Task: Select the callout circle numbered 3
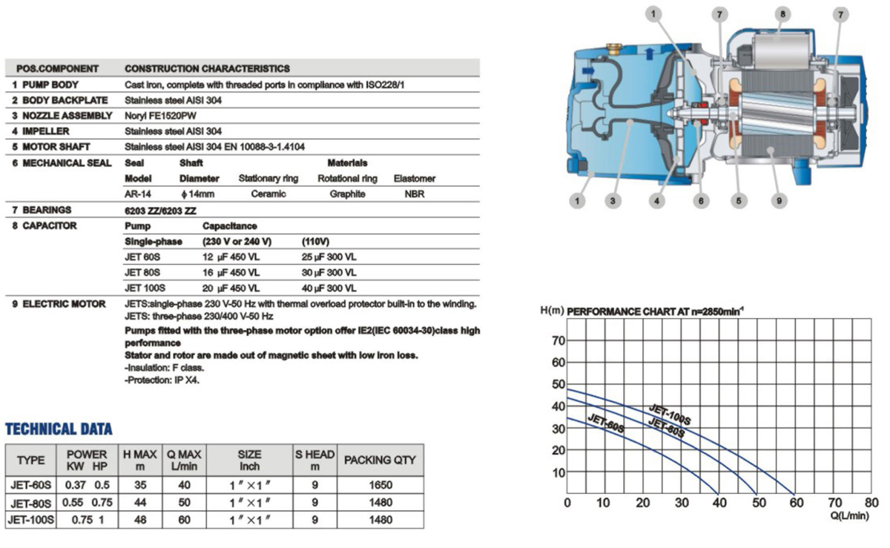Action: [x=613, y=200]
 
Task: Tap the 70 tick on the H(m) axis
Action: [x=558, y=341]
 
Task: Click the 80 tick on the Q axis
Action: [x=871, y=503]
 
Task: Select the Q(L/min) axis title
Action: [x=848, y=516]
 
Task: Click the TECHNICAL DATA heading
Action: [x=59, y=429]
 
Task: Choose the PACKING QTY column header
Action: [x=380, y=460]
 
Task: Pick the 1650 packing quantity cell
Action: [x=380, y=485]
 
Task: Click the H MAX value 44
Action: [x=139, y=503]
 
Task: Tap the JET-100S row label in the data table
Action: [x=31, y=520]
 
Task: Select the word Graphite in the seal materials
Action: [x=347, y=194]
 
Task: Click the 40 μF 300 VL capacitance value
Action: [x=329, y=288]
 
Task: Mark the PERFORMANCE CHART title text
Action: [x=655, y=311]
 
